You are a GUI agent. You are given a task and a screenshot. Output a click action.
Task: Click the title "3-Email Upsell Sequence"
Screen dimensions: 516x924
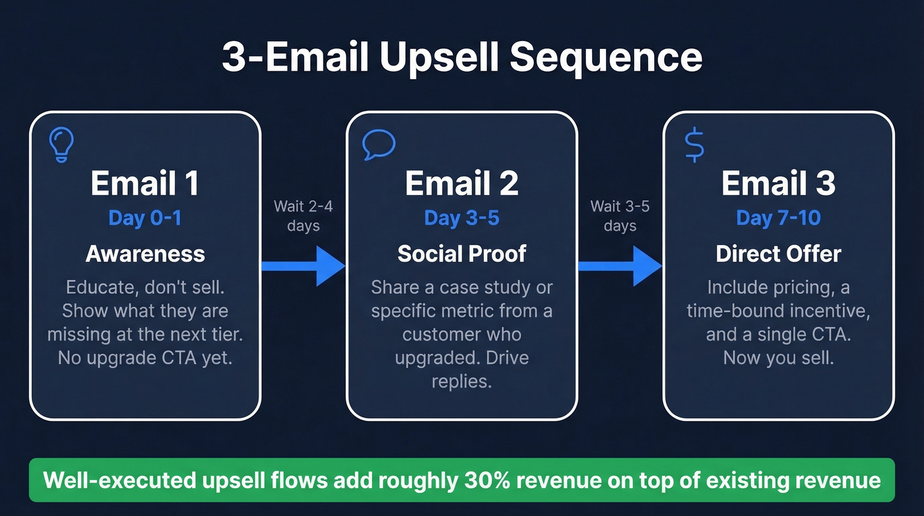click(462, 57)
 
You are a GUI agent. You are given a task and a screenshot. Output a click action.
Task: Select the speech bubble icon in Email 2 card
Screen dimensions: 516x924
click(379, 145)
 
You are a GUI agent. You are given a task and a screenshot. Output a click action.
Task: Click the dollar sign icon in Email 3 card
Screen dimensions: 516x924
click(694, 145)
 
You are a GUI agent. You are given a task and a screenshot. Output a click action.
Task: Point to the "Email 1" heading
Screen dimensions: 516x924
click(145, 184)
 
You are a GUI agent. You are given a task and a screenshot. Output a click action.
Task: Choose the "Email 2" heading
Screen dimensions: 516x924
click(462, 184)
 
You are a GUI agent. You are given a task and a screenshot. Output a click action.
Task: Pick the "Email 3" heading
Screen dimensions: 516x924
click(779, 184)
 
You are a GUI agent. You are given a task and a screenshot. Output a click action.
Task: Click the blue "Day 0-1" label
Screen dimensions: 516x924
click(145, 218)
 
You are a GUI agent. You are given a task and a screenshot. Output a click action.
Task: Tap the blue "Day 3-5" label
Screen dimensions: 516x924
click(462, 218)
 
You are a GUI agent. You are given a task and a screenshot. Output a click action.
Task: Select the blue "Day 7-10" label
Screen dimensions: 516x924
click(779, 218)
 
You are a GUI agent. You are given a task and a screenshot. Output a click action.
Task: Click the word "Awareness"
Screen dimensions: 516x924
click(145, 254)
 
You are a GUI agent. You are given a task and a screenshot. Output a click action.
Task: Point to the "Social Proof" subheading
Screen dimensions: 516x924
click(462, 254)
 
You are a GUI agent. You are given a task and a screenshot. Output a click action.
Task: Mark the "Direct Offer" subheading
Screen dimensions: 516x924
click(779, 254)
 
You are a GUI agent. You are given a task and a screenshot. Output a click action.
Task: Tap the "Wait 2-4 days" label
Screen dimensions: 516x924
click(304, 216)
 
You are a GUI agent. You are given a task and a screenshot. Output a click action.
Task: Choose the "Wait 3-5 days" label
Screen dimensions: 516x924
click(620, 216)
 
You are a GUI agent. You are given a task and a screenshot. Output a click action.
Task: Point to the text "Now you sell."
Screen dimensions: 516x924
click(779, 357)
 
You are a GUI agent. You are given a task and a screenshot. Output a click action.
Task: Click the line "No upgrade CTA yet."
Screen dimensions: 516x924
click(145, 357)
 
